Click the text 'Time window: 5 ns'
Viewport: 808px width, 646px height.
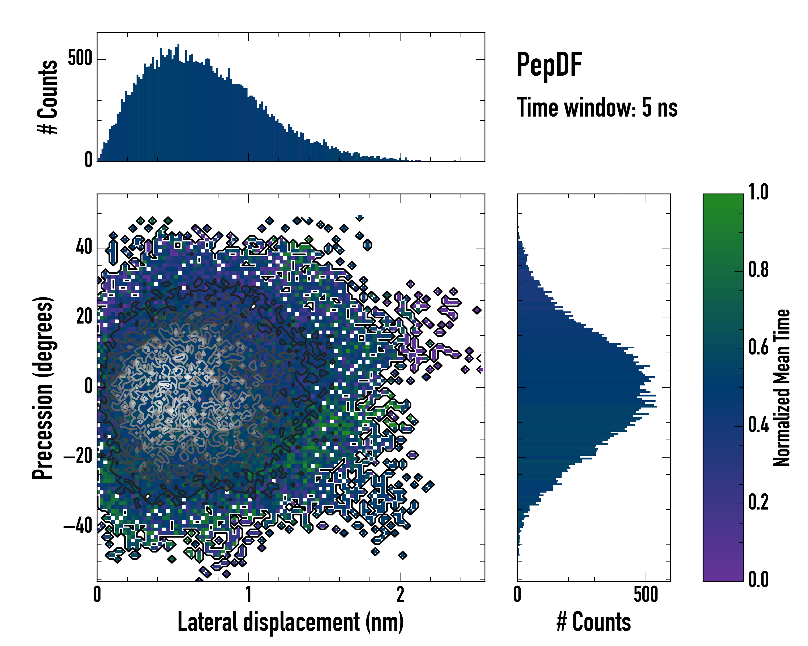click(597, 107)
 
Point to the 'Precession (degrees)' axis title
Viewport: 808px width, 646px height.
click(42, 388)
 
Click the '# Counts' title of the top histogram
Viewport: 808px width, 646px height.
click(48, 97)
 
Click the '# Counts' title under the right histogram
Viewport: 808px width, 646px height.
click(593, 622)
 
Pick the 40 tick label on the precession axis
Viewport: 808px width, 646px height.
click(84, 248)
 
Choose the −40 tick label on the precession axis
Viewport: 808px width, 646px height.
click(78, 526)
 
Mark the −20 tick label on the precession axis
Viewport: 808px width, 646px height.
click(78, 457)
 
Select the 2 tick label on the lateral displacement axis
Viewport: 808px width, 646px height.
click(400, 594)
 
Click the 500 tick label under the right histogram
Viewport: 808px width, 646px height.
click(646, 594)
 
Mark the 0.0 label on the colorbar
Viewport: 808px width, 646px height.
click(758, 580)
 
